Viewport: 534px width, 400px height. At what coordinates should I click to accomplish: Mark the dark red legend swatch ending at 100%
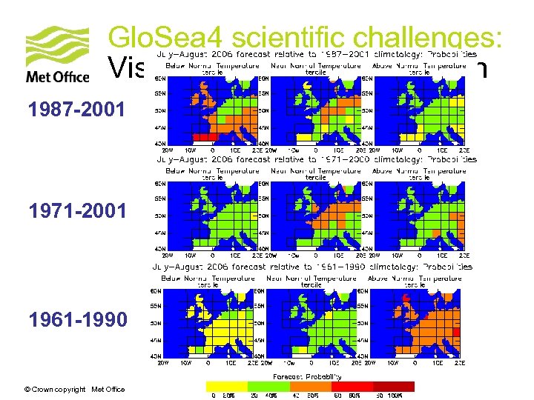click(393, 386)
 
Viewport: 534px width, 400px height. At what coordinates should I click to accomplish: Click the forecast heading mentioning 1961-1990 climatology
click(311, 267)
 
